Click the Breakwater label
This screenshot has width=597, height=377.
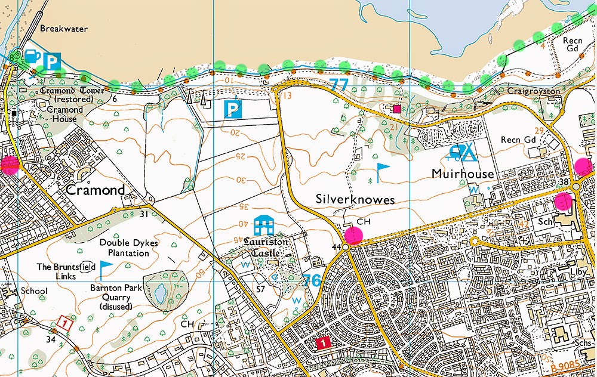(64, 28)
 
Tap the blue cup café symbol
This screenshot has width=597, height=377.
(33, 57)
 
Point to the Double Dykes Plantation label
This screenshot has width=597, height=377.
(124, 248)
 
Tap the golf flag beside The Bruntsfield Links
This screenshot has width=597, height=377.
(106, 267)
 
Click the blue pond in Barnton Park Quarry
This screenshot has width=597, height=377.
(159, 292)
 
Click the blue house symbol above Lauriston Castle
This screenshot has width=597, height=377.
(263, 225)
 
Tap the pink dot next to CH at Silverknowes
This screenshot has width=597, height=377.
(353, 235)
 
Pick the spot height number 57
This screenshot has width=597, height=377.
(260, 289)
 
